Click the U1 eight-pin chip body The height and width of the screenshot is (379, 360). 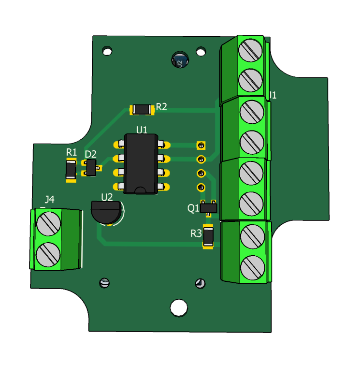[x=141, y=164]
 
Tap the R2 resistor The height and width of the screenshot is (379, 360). [x=142, y=109]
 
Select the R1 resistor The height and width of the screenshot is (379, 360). [x=71, y=170]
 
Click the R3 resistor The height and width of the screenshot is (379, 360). [x=208, y=236]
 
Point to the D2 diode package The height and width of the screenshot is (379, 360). [x=91, y=167]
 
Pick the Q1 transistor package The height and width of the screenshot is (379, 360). [x=209, y=208]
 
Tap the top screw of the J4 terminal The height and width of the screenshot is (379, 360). [x=48, y=223]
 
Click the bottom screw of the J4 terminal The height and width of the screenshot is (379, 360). [x=48, y=255]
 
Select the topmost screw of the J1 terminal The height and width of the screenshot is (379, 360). [x=250, y=50]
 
